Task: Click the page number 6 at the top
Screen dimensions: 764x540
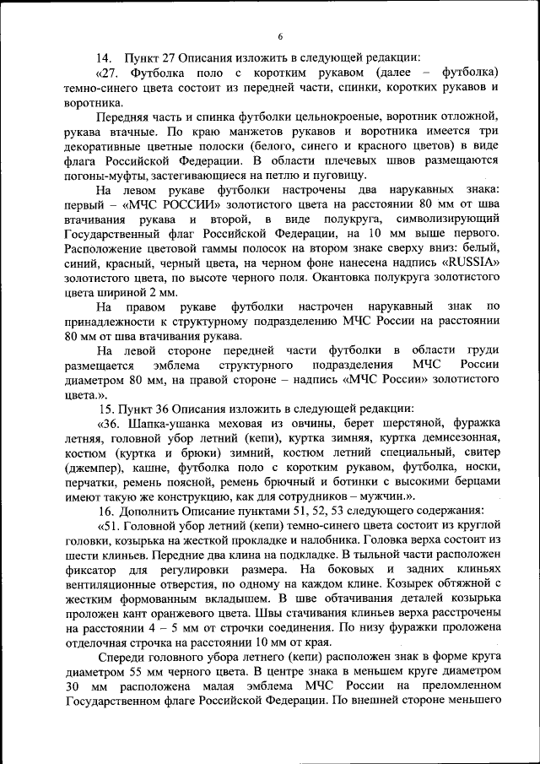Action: tap(279, 36)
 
